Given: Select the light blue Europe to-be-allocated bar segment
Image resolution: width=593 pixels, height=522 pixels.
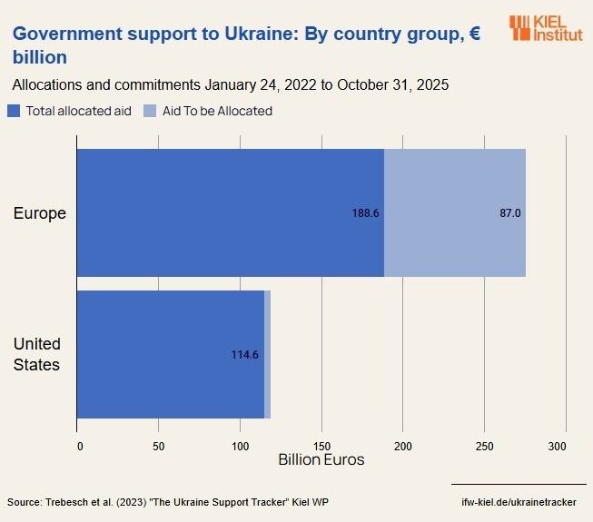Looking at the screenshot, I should coord(454,212).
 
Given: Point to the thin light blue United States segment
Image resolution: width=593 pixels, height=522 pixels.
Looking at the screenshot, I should coord(268,354).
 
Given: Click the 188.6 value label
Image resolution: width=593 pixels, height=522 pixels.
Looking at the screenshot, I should coord(365,213).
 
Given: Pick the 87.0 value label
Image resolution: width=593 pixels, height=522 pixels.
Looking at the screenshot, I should coord(510,213).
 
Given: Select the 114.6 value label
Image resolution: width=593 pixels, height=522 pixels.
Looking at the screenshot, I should coord(245,355).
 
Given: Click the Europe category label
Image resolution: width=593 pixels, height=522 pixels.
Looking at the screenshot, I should coord(39,213).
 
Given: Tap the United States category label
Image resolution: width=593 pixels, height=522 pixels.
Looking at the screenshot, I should coord(36,355).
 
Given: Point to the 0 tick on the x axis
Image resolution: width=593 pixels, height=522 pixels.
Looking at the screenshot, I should coord(80,446).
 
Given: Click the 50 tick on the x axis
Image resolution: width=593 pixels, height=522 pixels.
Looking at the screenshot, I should coord(158,446).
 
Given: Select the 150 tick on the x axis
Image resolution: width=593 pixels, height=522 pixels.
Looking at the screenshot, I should coord(321,446).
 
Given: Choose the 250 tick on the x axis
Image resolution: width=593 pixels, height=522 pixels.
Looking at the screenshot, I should coord(484,446).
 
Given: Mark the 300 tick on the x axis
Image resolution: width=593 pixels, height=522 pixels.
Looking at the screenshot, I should coord(558,446).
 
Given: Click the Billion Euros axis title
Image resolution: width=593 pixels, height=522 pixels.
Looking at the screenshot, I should coord(321,460).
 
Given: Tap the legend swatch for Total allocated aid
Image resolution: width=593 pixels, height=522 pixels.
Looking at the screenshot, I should coord(14,111).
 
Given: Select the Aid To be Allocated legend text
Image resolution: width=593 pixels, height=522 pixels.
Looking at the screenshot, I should coord(217,111).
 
